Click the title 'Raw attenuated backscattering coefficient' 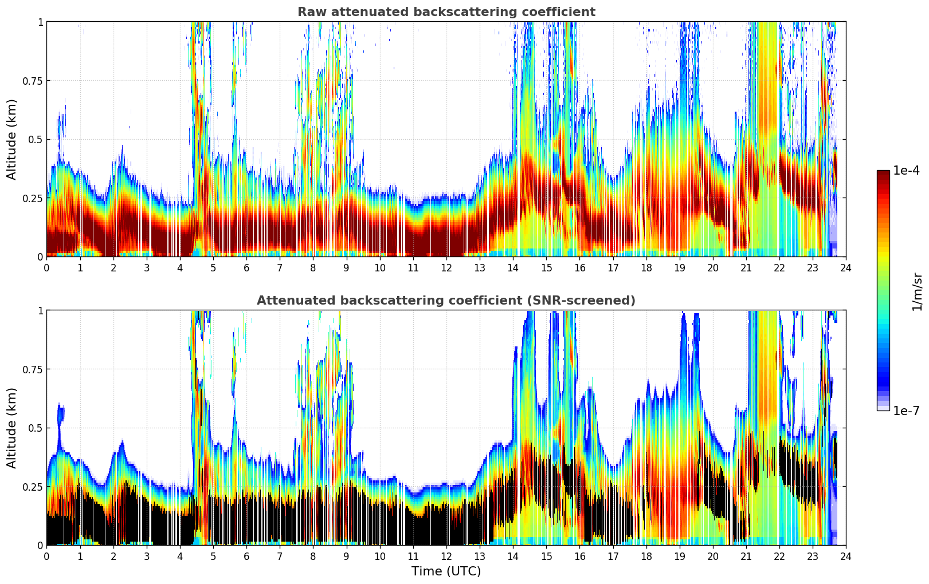coord(446,12)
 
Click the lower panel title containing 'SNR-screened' coord(446,301)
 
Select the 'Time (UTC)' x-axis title coord(446,571)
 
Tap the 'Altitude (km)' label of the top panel coord(12,139)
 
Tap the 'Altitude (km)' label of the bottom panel coord(12,428)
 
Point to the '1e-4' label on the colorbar coord(906,171)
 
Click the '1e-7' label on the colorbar coord(906,411)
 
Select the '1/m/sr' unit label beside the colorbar coord(917,291)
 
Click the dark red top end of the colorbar coord(883,173)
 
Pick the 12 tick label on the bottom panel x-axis coord(446,557)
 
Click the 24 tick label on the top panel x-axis coord(846,268)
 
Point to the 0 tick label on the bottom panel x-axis coord(47,557)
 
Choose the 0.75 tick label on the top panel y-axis coord(32,81)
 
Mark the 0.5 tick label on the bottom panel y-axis coord(36,428)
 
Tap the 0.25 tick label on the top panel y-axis coord(32,198)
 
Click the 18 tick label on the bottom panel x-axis coord(646,557)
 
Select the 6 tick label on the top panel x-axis coord(246,268)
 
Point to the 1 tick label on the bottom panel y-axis coord(40,310)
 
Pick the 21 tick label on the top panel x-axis coord(746,268)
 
